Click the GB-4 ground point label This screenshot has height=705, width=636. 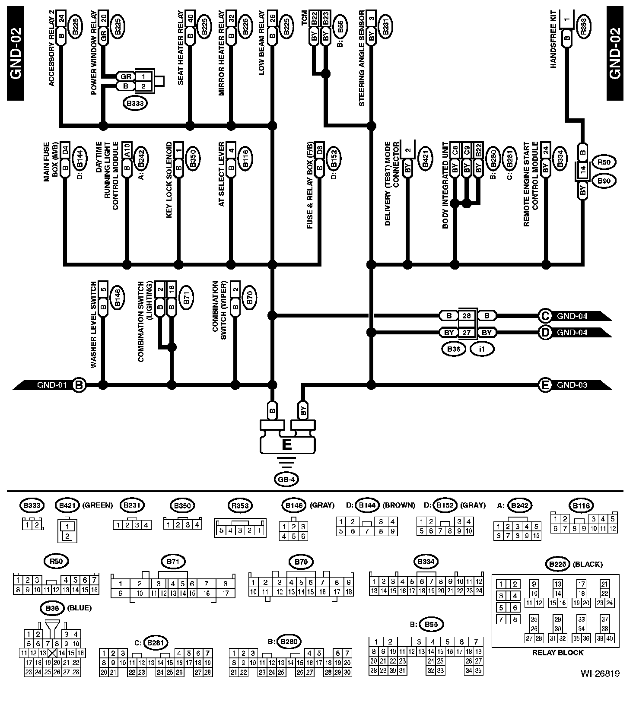pos(286,479)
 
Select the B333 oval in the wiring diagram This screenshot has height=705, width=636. pos(135,104)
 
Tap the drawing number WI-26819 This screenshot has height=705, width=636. pos(600,686)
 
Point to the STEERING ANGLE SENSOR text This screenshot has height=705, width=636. pos(362,58)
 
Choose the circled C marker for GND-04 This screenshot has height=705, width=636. pos(545,316)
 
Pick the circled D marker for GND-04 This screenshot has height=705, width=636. pos(545,333)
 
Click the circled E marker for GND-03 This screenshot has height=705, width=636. pos(545,385)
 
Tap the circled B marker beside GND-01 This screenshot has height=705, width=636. pos(79,385)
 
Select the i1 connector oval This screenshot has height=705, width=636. pos(482,349)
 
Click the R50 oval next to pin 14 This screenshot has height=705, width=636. pos(604,162)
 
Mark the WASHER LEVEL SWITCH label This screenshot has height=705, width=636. pos(94,325)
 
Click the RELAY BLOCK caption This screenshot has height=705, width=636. pos(557,652)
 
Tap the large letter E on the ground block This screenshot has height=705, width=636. pos(286,445)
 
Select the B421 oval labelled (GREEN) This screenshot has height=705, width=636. pos(67,505)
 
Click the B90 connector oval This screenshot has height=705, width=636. pos(604,181)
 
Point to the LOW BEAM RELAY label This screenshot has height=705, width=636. pos(262,48)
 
